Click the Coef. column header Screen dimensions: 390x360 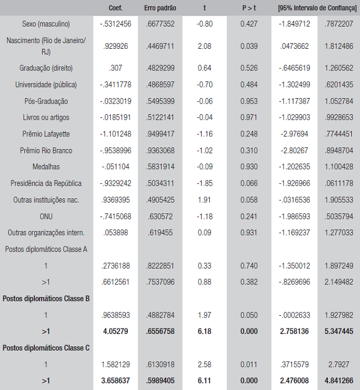pos(116,8)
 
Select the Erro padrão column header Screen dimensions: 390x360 pos(160,8)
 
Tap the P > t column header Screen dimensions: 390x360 pos(249,8)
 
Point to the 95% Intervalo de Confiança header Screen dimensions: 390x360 pos(317,8)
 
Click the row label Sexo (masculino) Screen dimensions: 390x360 pos(46,24)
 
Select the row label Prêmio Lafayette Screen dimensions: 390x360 pos(46,134)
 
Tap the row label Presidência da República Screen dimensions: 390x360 pos(46,183)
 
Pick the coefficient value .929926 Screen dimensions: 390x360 pos(116,47)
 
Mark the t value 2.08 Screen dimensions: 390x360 pos(204,47)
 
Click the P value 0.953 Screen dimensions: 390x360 pos(249,101)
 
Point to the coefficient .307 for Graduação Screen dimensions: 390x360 pos(116,68)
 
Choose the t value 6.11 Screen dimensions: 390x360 pos(204,381)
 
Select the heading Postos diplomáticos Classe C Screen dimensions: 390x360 pos(46,348)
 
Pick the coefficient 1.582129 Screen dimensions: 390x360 pos(116,365)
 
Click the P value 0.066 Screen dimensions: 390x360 pos(249,183)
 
